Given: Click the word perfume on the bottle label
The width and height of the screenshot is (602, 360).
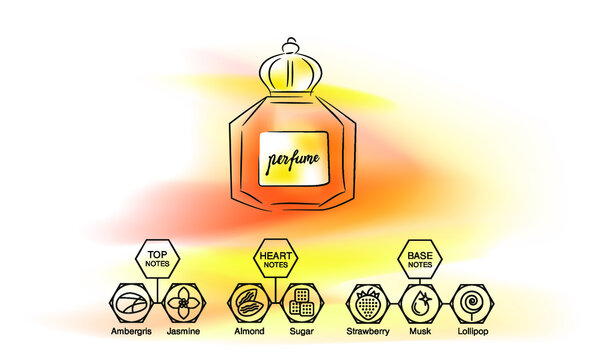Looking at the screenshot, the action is point(293,158).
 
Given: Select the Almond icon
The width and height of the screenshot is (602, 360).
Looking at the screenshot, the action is point(248,302).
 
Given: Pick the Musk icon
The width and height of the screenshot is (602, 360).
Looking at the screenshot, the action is point(419,302).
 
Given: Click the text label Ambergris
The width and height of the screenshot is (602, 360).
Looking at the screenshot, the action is point(132,331).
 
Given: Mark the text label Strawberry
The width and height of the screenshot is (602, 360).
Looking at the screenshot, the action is point(368,331).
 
